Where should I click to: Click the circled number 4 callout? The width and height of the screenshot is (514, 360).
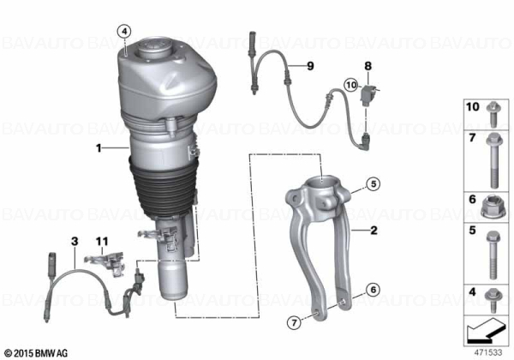point(124,32)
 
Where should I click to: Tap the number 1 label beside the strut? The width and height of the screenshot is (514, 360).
point(99,148)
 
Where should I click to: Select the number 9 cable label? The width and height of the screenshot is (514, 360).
point(310,66)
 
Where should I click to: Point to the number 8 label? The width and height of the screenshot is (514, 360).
point(368,66)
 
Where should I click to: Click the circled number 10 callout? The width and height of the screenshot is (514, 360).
point(351,85)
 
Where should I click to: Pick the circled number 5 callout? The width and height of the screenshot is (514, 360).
point(374,184)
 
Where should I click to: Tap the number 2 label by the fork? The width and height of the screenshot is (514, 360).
point(374,231)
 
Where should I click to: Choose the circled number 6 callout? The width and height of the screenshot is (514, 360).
point(374,290)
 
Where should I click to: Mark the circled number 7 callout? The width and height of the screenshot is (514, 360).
point(294,323)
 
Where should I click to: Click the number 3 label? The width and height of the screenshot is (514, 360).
point(75,242)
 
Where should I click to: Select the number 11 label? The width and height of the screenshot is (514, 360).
point(102,242)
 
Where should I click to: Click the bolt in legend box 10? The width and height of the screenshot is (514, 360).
point(492,114)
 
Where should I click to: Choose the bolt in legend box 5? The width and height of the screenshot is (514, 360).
point(493,255)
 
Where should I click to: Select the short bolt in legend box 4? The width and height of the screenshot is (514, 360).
point(493,301)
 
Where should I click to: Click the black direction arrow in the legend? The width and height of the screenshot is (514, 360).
point(486,330)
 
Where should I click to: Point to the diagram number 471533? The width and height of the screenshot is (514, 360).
point(488,352)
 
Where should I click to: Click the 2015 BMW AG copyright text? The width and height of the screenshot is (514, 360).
point(37,353)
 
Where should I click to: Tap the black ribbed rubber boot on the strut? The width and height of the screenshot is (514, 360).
point(163,189)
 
